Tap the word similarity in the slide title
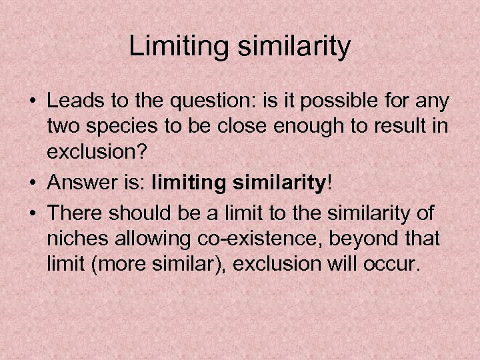pos(293,46)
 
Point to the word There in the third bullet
pos(71,214)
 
